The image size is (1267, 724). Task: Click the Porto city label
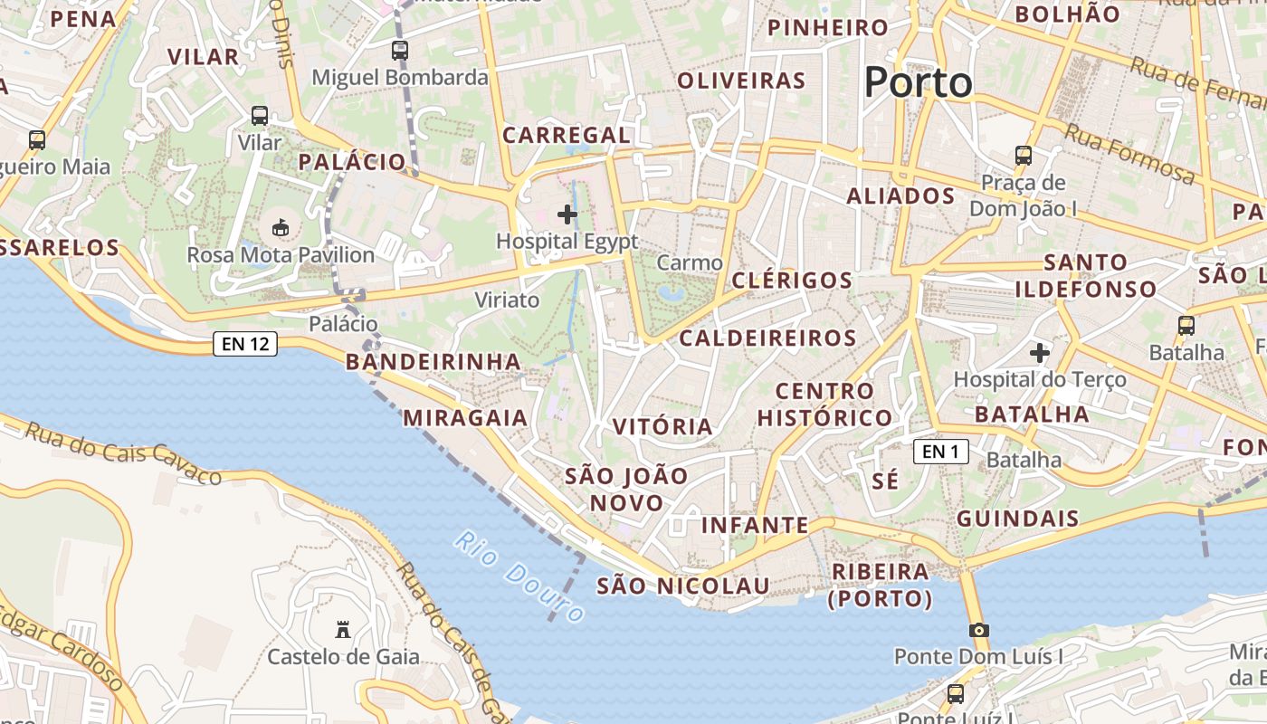(x=918, y=83)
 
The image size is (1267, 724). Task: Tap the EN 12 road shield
(x=245, y=344)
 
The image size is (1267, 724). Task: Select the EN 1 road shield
(x=941, y=451)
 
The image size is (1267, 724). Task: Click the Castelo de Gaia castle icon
(x=343, y=630)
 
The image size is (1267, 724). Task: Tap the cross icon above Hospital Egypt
(x=567, y=214)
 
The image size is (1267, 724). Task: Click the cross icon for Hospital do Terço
(x=1040, y=352)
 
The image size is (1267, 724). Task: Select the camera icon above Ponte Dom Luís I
(x=977, y=630)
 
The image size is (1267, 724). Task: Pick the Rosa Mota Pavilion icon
(x=281, y=227)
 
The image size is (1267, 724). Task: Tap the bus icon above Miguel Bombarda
(x=400, y=51)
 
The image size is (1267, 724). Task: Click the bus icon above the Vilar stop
(x=260, y=116)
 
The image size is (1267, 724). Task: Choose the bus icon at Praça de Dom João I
(x=1024, y=156)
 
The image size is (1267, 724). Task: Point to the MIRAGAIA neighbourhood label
(x=465, y=417)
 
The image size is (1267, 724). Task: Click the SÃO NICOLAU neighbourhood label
(x=683, y=586)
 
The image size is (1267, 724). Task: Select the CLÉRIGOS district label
(x=792, y=280)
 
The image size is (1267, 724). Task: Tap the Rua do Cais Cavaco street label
(x=123, y=452)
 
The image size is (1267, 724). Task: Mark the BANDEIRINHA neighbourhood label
(x=433, y=362)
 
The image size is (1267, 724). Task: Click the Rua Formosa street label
(x=1129, y=153)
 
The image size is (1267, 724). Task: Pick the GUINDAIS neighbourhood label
(x=1018, y=519)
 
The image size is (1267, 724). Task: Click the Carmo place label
(x=690, y=263)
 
